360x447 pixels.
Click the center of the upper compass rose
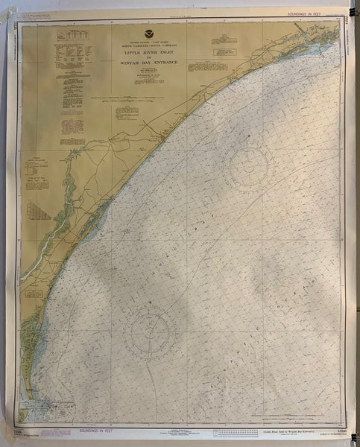(x=251, y=166)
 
